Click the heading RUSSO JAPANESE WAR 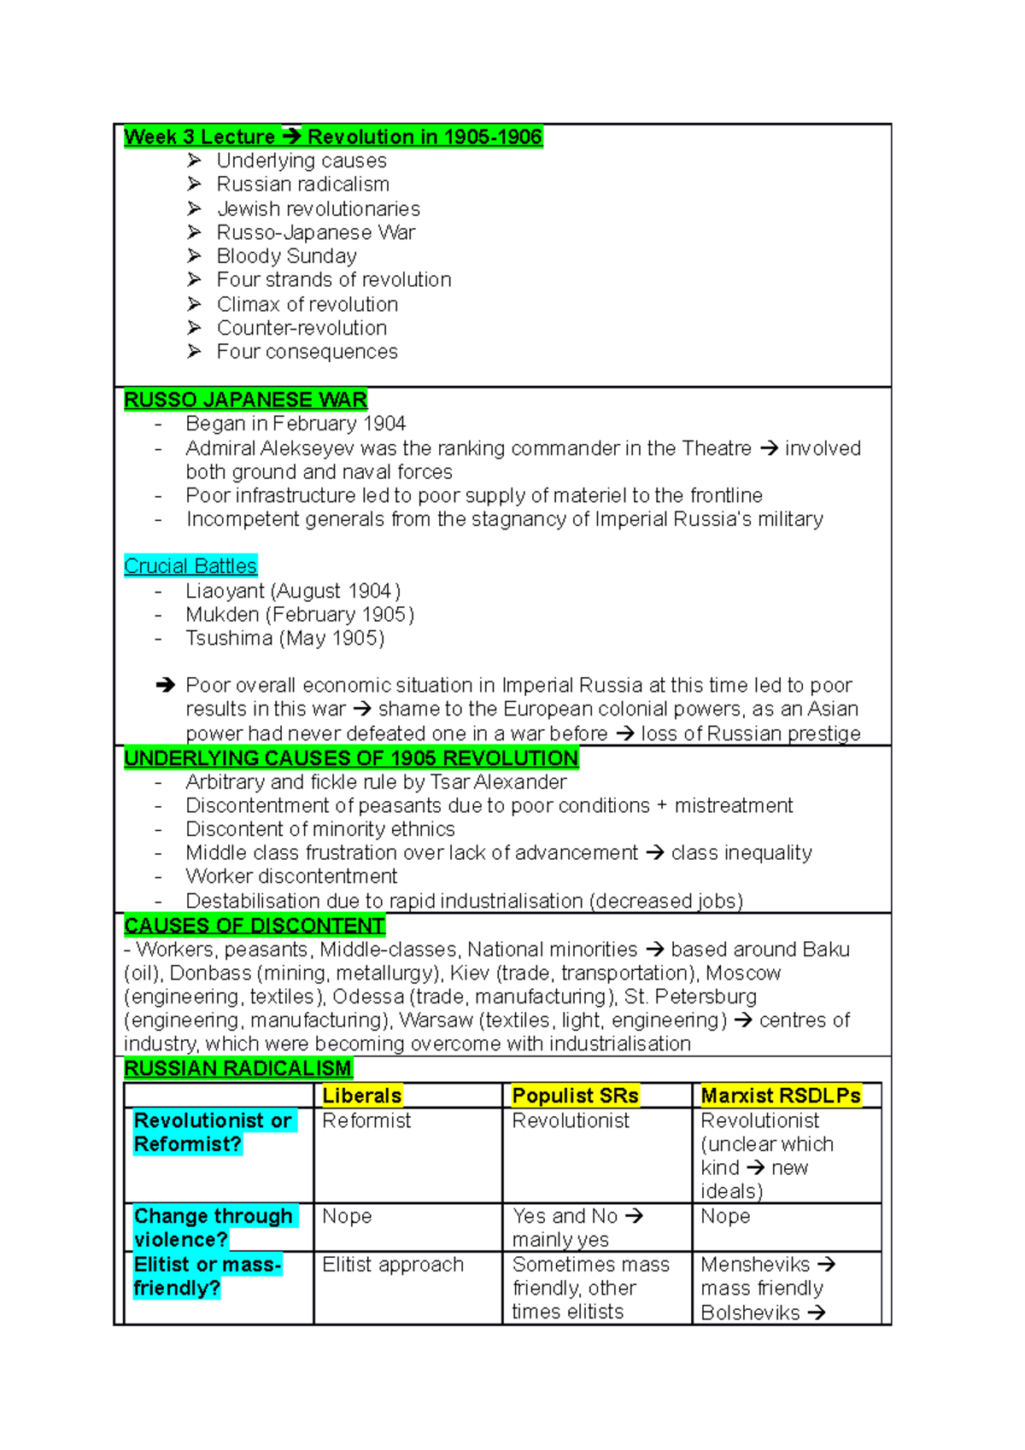click(x=245, y=400)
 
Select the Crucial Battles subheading click(x=190, y=565)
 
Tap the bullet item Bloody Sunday click(x=286, y=256)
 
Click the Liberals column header click(x=361, y=1096)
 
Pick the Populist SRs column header click(x=575, y=1096)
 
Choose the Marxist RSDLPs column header click(x=781, y=1096)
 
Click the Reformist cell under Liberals click(x=366, y=1120)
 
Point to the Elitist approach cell click(x=393, y=1265)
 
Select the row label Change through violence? click(x=213, y=1227)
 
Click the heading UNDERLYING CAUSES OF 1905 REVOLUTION click(x=351, y=758)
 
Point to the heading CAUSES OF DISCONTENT click(x=254, y=926)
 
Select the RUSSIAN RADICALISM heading click(x=237, y=1068)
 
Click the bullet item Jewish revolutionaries click(x=318, y=208)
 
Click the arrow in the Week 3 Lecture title click(x=291, y=137)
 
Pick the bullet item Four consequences click(x=307, y=352)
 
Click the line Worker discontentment click(x=291, y=876)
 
